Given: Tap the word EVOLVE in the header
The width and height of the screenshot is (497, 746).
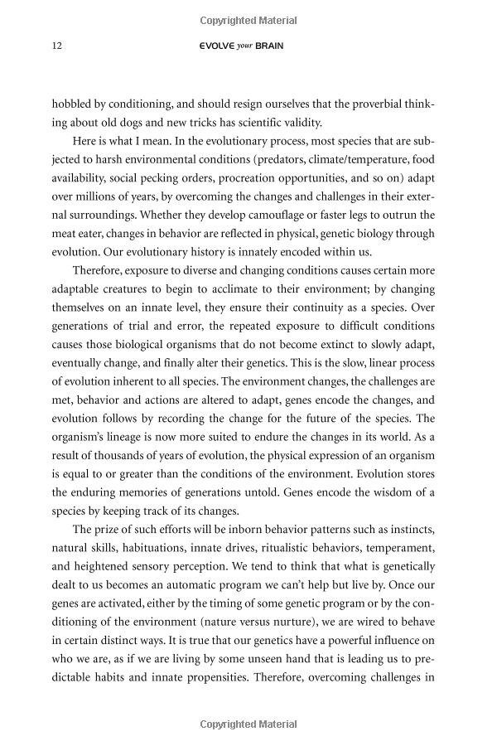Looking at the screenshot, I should tap(215, 46).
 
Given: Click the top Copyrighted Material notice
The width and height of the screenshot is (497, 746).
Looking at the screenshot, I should tap(248, 17).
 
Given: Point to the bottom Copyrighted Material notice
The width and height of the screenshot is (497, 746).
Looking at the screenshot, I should tap(248, 724).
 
